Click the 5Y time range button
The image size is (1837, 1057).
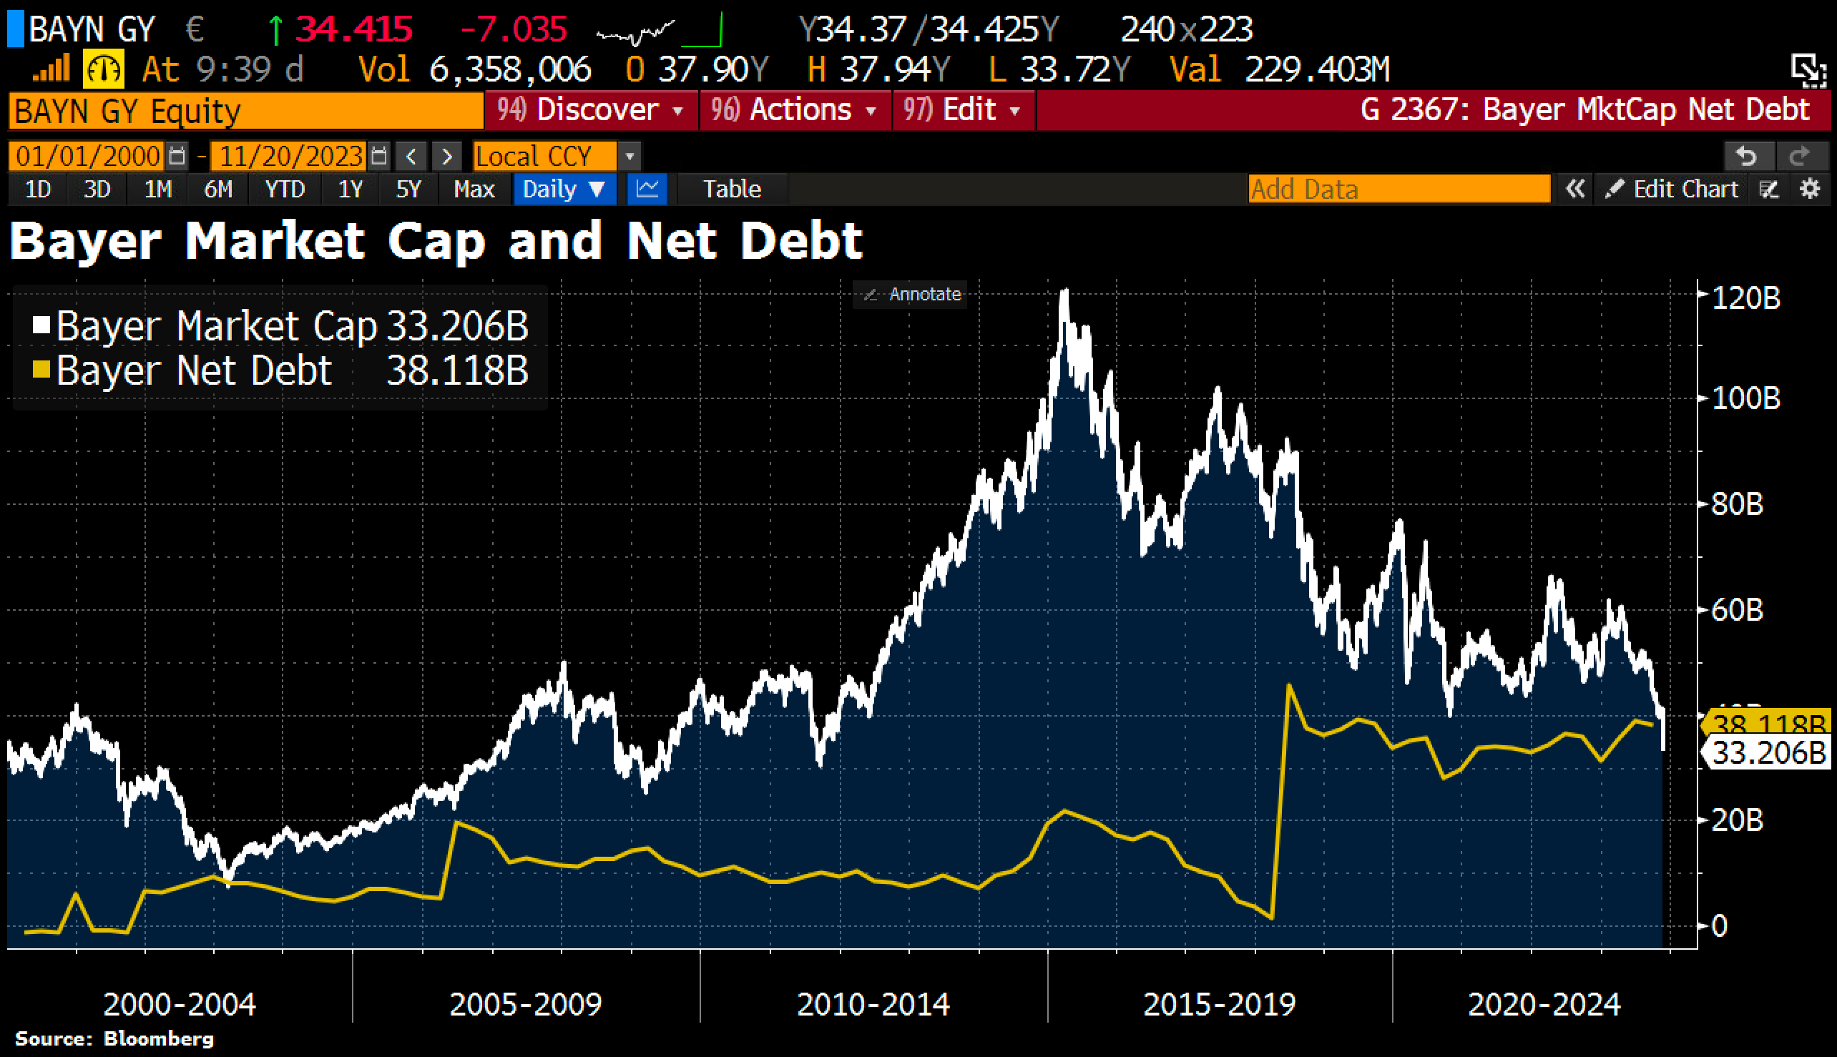(x=408, y=190)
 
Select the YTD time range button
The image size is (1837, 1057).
(x=285, y=190)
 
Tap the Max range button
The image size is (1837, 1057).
(x=474, y=190)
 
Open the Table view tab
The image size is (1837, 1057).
(x=731, y=190)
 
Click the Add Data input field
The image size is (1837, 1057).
(x=1398, y=190)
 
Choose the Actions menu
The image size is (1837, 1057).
(x=795, y=110)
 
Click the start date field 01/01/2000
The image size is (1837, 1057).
(x=88, y=156)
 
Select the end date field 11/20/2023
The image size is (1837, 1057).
(x=290, y=156)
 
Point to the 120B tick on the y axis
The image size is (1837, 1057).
(x=1745, y=298)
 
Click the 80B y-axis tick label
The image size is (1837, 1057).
(x=1737, y=503)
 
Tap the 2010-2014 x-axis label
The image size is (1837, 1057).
(x=873, y=1005)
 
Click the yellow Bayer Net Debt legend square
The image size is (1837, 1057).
(x=41, y=370)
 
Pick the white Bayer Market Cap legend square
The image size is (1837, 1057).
(x=41, y=325)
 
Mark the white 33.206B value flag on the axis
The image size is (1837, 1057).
(x=1768, y=753)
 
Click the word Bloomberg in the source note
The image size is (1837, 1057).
(x=159, y=1039)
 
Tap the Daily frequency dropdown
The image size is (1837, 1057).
(x=564, y=190)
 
